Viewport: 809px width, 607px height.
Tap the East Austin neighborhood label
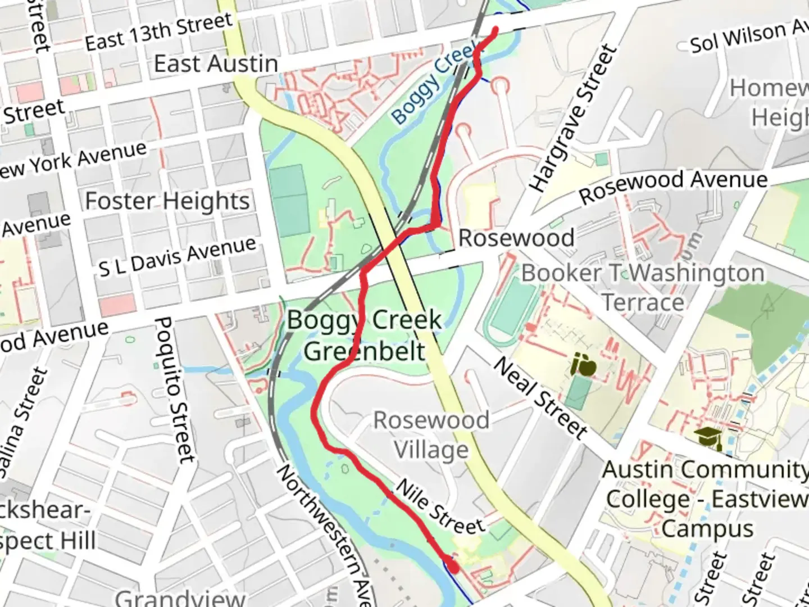pos(216,64)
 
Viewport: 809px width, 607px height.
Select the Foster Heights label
pos(167,201)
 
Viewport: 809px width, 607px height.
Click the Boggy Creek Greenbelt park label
pos(365,336)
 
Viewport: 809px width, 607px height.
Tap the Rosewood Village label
pos(431,435)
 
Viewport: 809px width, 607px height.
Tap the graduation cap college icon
pos(708,438)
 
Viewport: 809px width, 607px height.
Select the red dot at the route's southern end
pos(453,568)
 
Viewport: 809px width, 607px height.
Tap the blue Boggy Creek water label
pos(433,84)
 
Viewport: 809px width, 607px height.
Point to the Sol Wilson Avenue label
pos(747,37)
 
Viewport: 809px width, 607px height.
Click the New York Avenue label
pos(73,160)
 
